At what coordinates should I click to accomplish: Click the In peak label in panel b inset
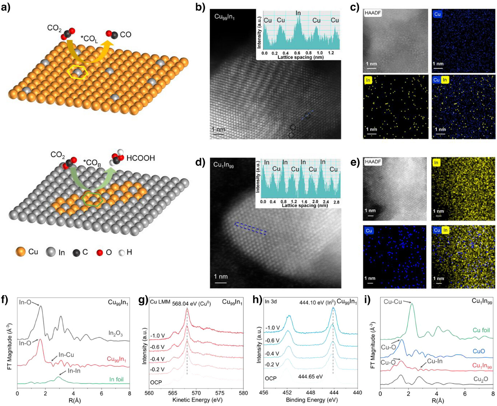click(298, 13)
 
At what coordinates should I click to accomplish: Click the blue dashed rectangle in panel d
click(250, 229)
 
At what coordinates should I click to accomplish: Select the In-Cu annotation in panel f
click(66, 354)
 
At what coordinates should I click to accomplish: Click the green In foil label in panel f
click(116, 379)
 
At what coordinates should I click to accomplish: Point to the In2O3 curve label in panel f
click(116, 333)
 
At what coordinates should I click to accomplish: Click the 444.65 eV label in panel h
click(310, 377)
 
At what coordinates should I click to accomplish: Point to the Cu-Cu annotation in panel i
click(393, 301)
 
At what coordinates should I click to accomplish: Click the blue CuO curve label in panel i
click(479, 351)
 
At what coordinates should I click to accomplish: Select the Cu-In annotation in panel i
click(435, 361)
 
